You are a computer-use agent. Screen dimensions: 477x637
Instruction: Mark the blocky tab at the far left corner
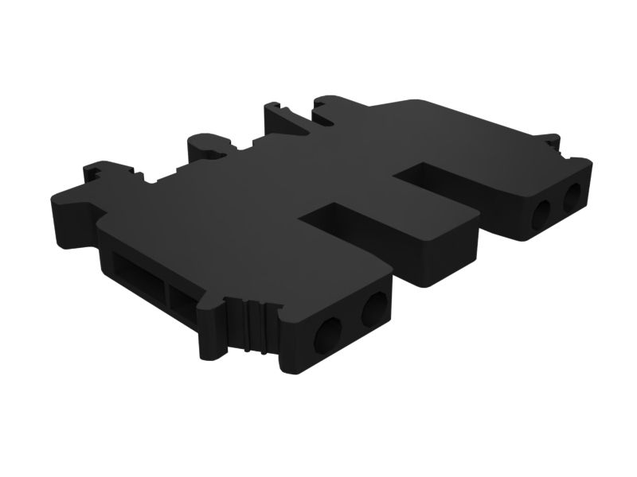(x=100, y=171)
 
